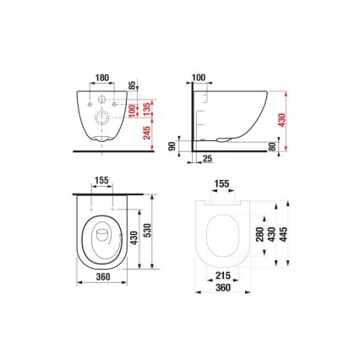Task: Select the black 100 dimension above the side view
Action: pos(199,78)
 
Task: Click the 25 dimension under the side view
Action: pos(207,158)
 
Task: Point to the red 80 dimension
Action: pos(271,145)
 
